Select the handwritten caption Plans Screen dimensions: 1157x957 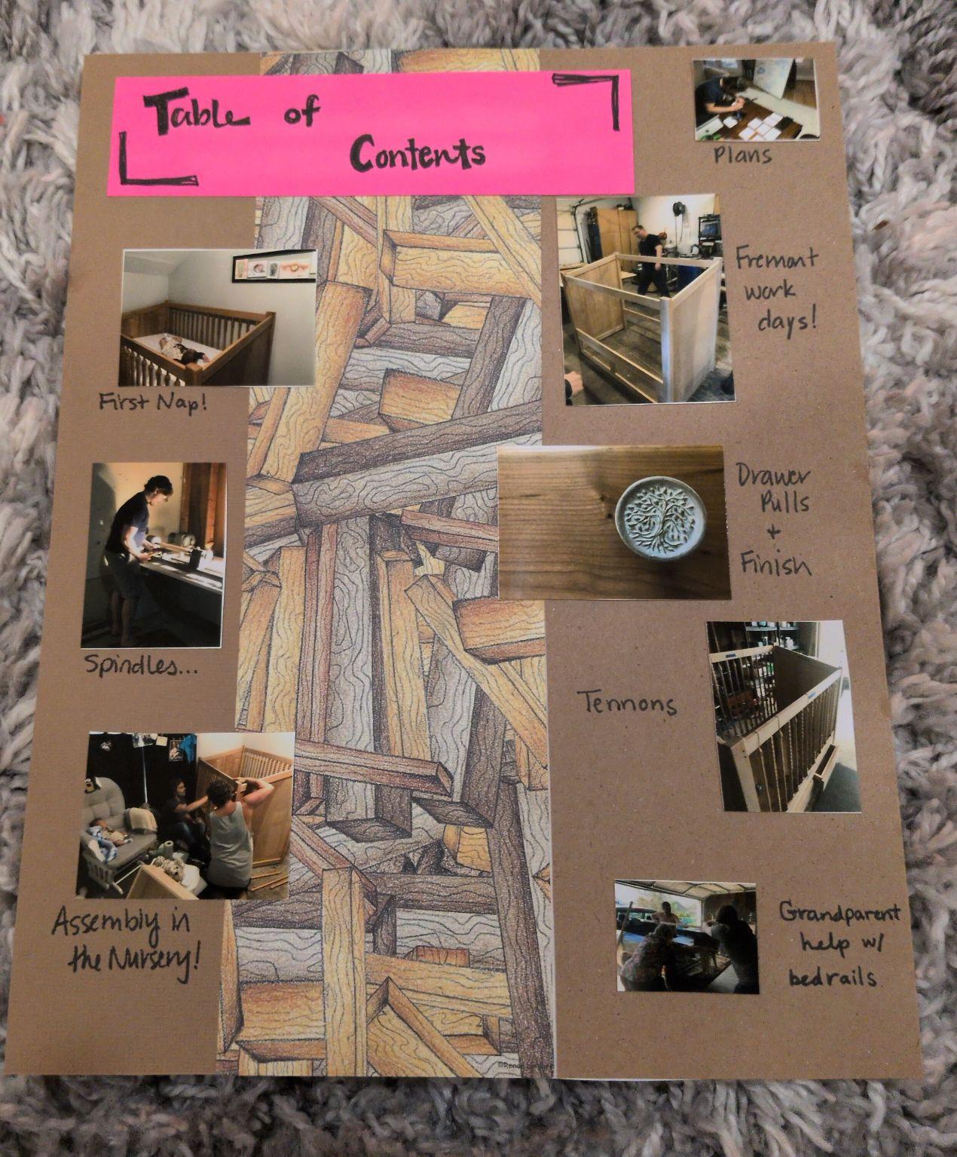point(742,156)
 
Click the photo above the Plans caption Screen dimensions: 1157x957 point(754,99)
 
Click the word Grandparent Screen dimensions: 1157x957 point(839,914)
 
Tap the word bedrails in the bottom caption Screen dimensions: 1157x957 point(833,978)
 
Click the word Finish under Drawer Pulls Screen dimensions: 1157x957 point(775,564)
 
